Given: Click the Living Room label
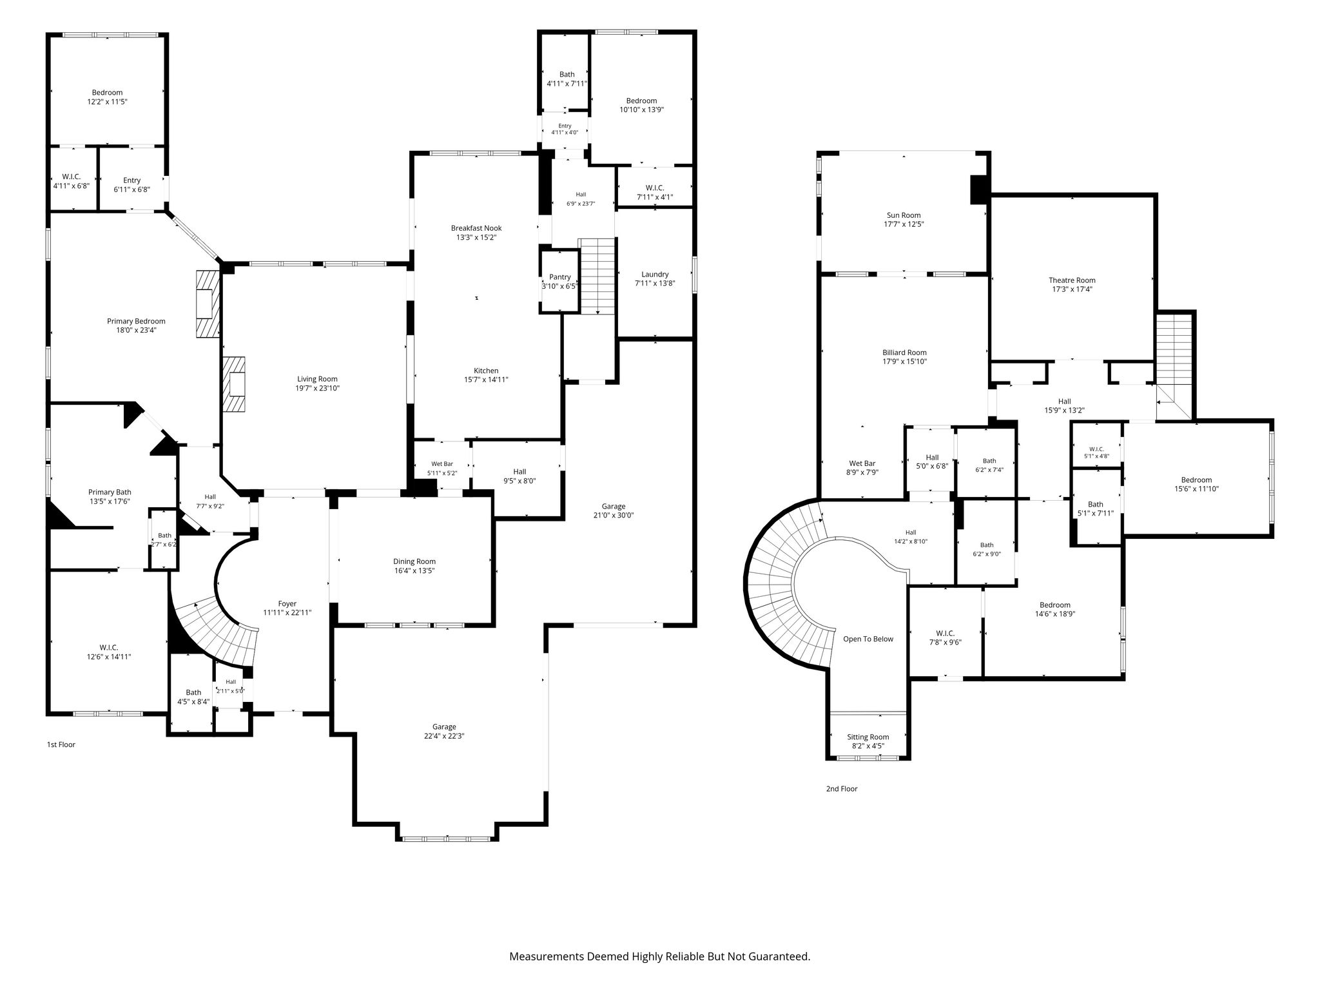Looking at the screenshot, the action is (x=317, y=379).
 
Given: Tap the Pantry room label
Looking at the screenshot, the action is (x=560, y=277).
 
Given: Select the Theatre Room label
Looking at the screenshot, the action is (x=1072, y=280).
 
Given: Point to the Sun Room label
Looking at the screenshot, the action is (x=904, y=215).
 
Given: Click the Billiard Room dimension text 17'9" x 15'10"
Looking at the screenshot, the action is (x=904, y=362).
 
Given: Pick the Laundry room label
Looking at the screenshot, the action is (x=655, y=274).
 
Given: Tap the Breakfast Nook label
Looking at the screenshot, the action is (x=476, y=228).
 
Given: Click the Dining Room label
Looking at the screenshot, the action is (x=414, y=561).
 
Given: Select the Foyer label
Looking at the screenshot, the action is (x=287, y=604).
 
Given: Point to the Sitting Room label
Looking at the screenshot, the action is (x=868, y=737).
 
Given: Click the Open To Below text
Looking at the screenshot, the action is (x=868, y=639).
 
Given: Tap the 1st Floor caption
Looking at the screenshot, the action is (x=61, y=744).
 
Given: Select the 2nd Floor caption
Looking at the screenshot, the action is (x=842, y=788).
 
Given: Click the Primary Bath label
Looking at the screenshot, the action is (x=110, y=492).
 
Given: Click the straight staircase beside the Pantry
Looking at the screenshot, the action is (x=597, y=276).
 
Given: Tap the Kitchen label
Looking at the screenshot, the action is (x=486, y=371).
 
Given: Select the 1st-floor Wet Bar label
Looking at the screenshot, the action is (x=442, y=464).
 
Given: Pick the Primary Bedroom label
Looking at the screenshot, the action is (x=136, y=321).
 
